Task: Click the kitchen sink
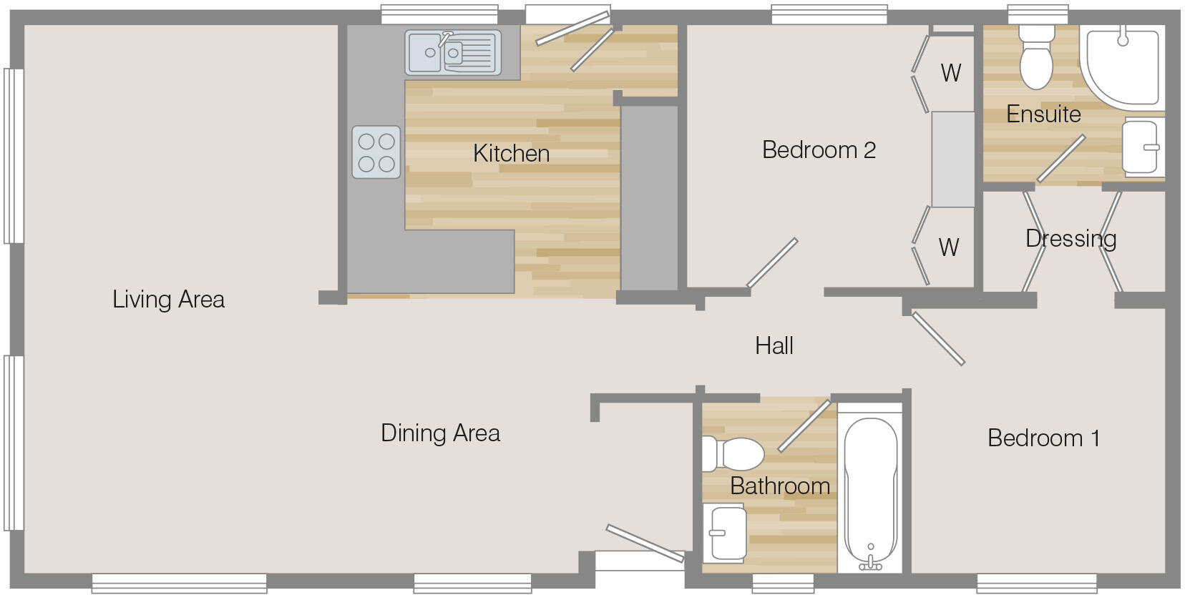click(452, 52)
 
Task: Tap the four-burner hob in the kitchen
click(376, 152)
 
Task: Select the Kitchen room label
click(511, 153)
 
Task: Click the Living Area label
click(168, 299)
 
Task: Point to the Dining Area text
click(440, 433)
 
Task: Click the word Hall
click(774, 346)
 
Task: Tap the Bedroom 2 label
click(819, 150)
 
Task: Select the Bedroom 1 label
click(1043, 438)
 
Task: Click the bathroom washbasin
click(726, 533)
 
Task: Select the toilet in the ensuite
click(1035, 56)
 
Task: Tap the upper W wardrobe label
click(950, 73)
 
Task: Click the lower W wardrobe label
click(948, 247)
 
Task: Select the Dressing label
click(1071, 238)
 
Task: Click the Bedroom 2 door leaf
click(771, 263)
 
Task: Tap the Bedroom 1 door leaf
click(938, 338)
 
